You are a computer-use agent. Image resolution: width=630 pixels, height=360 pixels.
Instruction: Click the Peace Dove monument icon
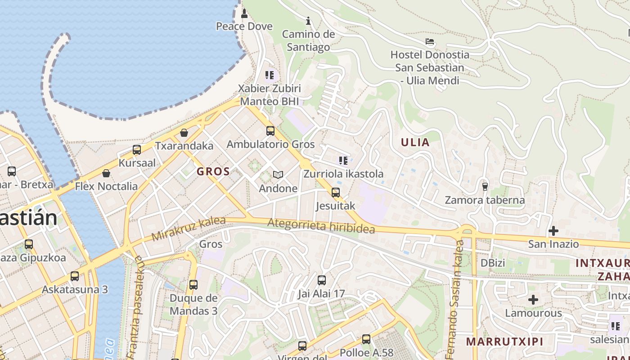(x=244, y=13)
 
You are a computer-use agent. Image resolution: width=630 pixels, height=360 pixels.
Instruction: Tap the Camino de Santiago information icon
(x=308, y=21)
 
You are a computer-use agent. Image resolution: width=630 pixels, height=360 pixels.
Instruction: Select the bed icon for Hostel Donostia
(x=430, y=42)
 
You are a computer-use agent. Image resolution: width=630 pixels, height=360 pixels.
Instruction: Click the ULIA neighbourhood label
(x=415, y=143)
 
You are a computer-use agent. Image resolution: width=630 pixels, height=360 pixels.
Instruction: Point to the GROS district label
(x=213, y=171)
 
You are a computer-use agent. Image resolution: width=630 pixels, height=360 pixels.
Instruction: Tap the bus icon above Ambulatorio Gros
(x=270, y=131)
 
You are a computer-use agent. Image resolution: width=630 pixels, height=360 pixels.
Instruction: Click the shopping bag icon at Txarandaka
(x=184, y=133)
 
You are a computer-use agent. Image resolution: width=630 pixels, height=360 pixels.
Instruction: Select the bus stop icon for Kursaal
(x=137, y=150)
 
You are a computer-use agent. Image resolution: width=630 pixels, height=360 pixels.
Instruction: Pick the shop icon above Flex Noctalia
(x=106, y=173)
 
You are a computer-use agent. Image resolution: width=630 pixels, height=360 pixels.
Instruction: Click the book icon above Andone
(x=278, y=175)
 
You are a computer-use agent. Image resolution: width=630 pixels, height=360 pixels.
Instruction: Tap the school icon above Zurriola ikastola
(x=343, y=160)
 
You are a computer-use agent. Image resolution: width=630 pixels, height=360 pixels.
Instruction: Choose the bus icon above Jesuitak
(x=336, y=193)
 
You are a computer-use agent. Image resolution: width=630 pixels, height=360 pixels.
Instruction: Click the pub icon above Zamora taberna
(x=485, y=186)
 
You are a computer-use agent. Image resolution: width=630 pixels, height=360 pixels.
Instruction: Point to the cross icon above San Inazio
(x=553, y=231)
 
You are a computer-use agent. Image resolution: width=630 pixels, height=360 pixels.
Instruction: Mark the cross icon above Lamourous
(x=533, y=299)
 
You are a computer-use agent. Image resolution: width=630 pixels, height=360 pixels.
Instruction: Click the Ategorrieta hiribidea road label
(x=321, y=226)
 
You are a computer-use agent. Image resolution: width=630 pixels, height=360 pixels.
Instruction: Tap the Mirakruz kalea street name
(x=188, y=229)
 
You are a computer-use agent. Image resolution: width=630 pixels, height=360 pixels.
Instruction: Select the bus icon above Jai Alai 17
(x=322, y=280)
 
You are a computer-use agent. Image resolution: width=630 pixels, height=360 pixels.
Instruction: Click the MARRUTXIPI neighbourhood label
(x=504, y=341)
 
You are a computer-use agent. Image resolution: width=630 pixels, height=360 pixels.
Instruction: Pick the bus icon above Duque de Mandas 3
(x=193, y=285)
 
